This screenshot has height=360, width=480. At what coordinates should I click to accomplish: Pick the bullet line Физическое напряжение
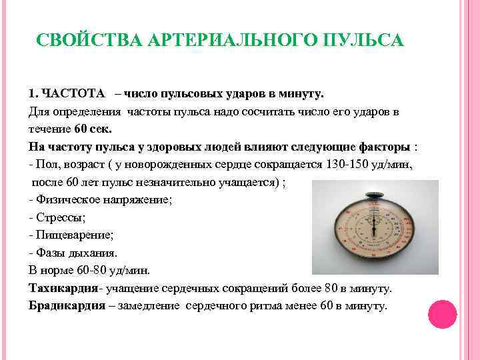coord(102,199)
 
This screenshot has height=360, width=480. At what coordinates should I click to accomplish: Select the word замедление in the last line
coord(149,306)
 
